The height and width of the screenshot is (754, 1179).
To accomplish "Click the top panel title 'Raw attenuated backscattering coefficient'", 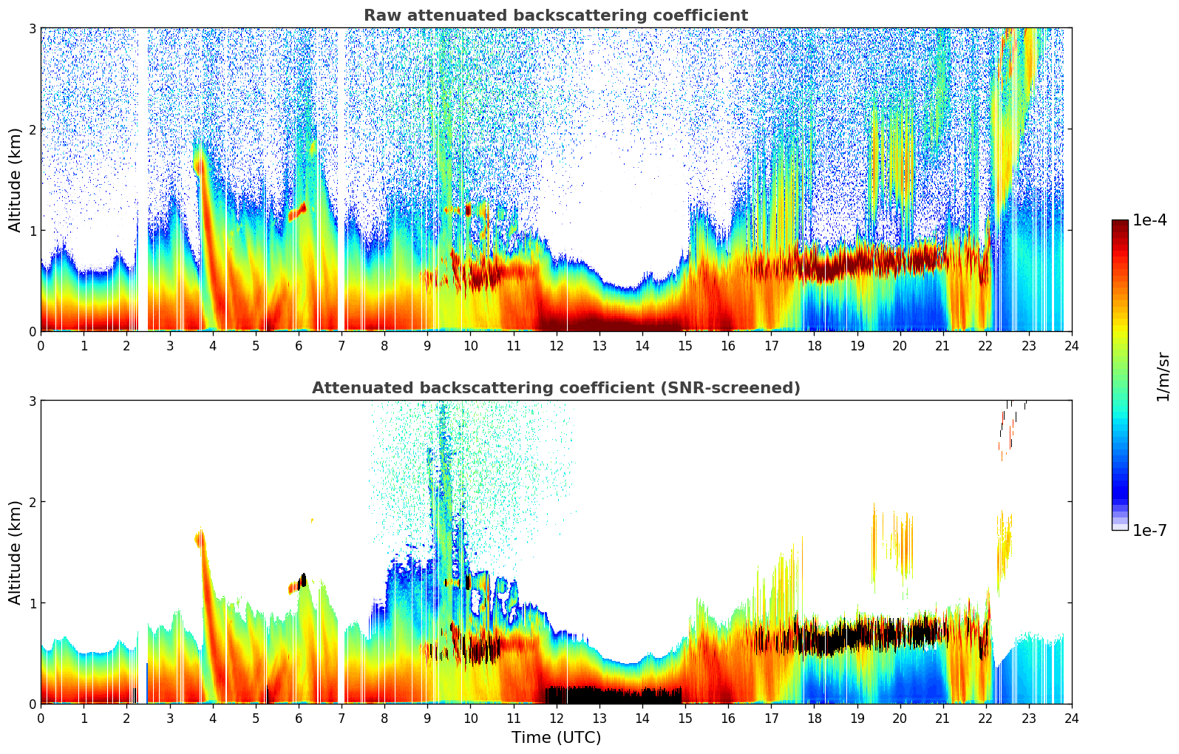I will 555,16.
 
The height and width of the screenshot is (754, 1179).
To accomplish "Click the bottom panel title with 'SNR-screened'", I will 555,388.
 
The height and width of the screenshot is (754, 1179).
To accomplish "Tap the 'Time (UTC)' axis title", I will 556,738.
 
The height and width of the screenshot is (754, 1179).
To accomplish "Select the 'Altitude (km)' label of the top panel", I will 15,180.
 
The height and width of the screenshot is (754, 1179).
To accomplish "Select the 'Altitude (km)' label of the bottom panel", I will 15,552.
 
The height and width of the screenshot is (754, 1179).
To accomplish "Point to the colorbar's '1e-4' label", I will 1149,220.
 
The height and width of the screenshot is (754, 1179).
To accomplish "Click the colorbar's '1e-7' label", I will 1149,531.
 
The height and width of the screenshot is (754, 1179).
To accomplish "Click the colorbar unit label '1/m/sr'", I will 1163,376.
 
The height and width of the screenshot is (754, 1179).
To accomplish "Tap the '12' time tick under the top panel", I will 556,345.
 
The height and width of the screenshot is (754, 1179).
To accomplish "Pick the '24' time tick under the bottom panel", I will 1071,718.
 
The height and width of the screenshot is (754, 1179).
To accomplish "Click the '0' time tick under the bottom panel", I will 41,718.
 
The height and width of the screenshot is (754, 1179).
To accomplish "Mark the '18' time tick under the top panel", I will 814,345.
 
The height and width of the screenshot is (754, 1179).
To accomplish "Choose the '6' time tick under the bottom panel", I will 299,718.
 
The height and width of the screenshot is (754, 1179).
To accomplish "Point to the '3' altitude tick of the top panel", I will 32,28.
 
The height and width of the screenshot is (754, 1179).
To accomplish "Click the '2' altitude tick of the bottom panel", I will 32,502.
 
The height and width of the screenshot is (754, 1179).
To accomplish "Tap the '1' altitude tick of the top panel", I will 32,231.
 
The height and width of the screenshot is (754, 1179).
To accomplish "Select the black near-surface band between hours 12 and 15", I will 614,696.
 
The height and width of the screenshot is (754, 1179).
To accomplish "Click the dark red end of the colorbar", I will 1119,225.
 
